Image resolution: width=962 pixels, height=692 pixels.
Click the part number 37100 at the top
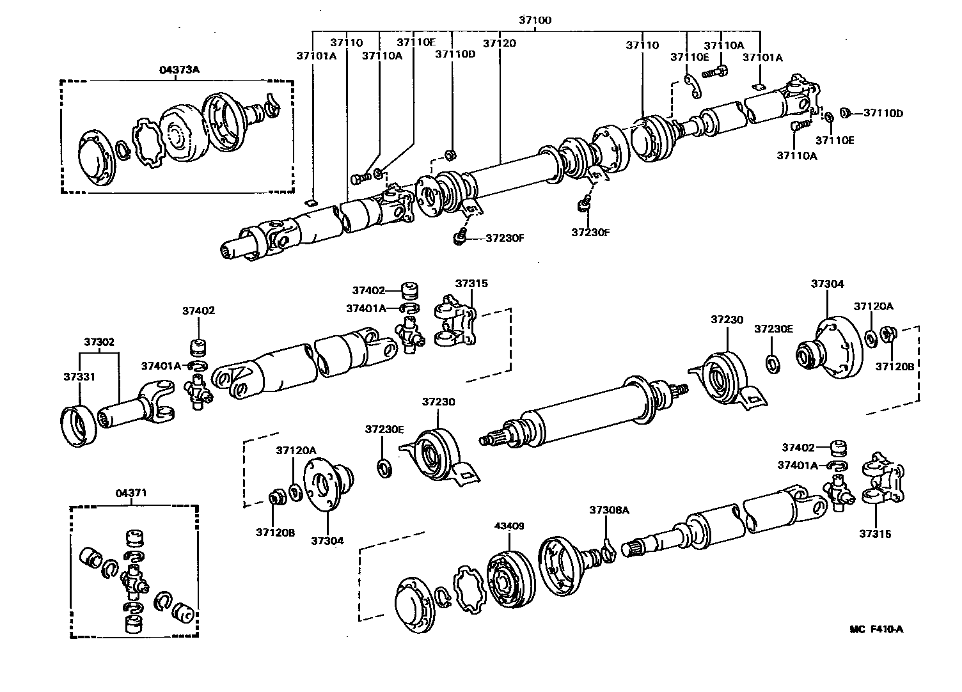pyautogui.click(x=534, y=20)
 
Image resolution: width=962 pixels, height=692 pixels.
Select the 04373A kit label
pyautogui.click(x=179, y=70)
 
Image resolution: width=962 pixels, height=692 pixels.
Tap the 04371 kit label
pyautogui.click(x=131, y=493)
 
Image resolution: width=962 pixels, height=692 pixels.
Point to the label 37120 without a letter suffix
pyautogui.click(x=499, y=44)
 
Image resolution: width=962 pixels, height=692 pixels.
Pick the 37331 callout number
pyautogui.click(x=79, y=377)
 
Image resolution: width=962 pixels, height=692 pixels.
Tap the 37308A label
pyautogui.click(x=609, y=510)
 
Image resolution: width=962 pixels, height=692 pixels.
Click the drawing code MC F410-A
pyautogui.click(x=876, y=629)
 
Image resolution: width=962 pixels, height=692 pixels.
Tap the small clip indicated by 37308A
pyautogui.click(x=608, y=549)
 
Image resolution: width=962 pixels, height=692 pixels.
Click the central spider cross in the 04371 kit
pyautogui.click(x=133, y=579)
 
